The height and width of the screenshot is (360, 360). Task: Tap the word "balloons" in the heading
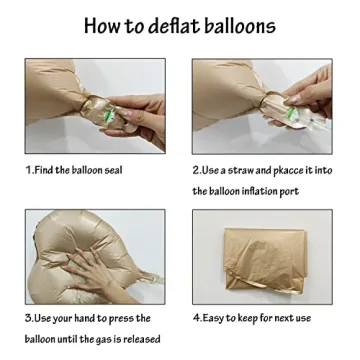point(240,25)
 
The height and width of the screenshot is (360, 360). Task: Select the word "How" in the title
point(103,25)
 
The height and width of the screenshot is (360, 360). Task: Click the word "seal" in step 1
point(113,170)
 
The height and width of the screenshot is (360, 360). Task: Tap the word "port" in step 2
point(289,192)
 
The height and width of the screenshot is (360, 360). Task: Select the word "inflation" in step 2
point(258,191)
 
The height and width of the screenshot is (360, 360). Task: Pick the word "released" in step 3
point(142,339)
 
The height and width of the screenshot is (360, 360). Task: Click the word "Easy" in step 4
point(213,318)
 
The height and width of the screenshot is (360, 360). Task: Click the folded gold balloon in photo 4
point(265,261)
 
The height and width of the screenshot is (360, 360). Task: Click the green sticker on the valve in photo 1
point(108,115)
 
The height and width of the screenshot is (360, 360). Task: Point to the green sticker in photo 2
point(291,112)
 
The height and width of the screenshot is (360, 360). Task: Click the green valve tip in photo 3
point(154,279)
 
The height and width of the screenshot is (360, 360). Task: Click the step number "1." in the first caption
point(30,170)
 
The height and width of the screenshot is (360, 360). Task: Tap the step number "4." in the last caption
point(197,318)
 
